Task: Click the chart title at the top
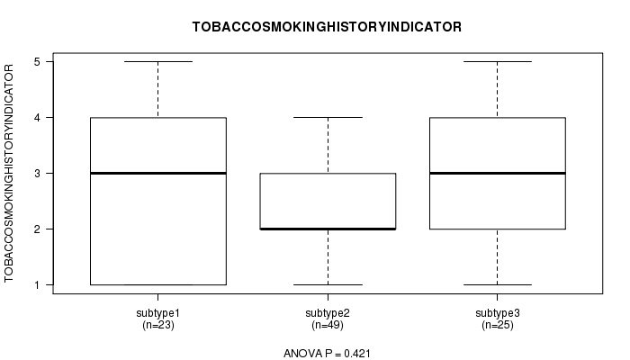coord(327,27)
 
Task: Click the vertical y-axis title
coord(9,173)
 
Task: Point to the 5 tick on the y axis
coord(38,62)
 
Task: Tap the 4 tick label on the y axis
coord(38,118)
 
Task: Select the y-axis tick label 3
coord(38,174)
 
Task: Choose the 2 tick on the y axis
coord(38,229)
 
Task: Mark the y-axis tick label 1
coord(38,285)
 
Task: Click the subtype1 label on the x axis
coord(157,313)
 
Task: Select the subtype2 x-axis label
coord(328,313)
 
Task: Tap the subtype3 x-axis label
coord(498,313)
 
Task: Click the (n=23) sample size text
coord(157,325)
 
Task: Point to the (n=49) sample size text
coord(328,325)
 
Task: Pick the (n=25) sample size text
coord(498,325)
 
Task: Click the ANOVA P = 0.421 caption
coord(327,354)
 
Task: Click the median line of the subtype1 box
coord(158,173)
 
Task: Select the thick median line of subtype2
coord(328,229)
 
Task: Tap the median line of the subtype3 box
coord(498,173)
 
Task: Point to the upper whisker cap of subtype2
coord(328,117)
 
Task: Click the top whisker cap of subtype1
coord(158,61)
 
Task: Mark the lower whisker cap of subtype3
coord(498,285)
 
